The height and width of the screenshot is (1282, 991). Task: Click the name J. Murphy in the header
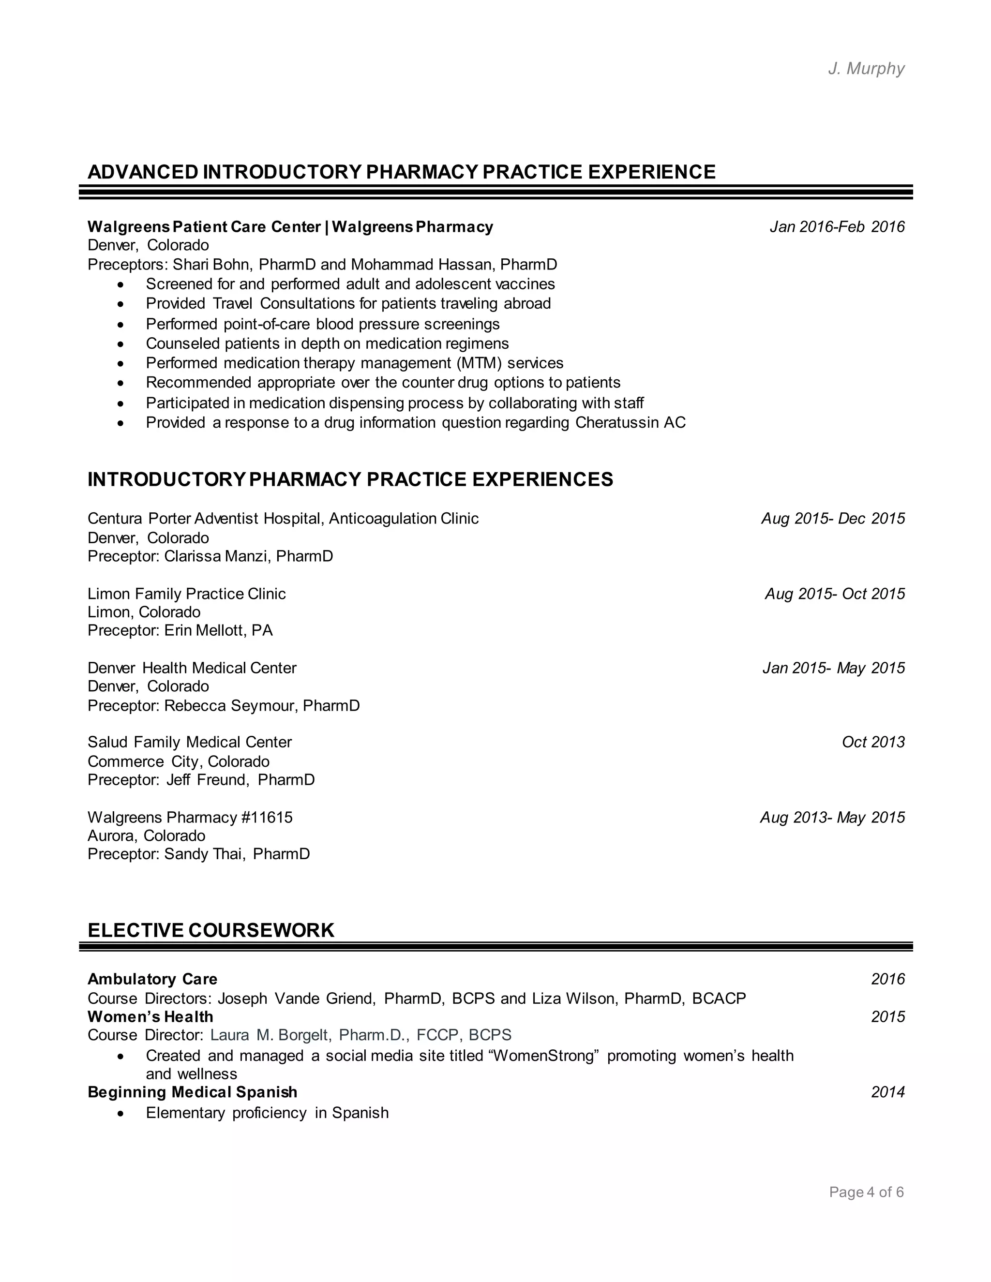coord(866,69)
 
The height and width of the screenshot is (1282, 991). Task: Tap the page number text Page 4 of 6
coord(866,1192)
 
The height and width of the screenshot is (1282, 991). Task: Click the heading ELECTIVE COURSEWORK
coord(211,930)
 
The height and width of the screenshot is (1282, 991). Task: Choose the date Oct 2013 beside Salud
coord(873,742)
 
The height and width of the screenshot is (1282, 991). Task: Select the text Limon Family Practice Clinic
coord(187,594)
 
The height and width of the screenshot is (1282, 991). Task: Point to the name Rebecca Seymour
coord(231,705)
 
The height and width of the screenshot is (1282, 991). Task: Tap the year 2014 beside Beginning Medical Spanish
coord(887,1092)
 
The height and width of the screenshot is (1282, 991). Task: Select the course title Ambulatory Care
coord(152,979)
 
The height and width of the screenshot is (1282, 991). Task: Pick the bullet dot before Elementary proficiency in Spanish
coord(120,1114)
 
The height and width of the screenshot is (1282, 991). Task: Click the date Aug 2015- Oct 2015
coord(834,594)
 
